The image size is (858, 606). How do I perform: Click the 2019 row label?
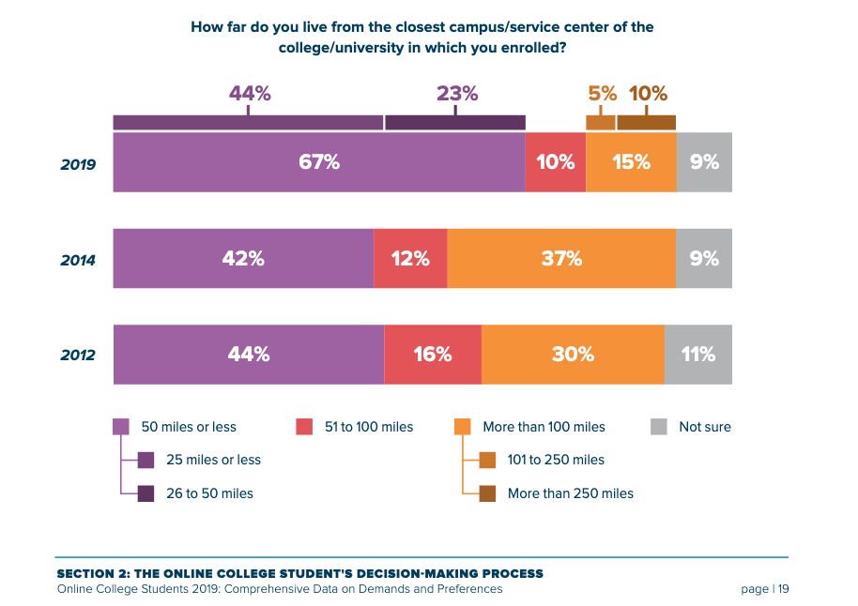78,163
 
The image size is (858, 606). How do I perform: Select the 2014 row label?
78,260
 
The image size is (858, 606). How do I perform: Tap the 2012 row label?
78,356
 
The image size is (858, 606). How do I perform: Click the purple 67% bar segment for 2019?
318,162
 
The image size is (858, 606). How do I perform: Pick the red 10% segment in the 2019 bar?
555,162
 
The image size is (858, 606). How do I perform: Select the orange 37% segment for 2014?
561,259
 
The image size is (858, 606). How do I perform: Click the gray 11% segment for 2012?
697,355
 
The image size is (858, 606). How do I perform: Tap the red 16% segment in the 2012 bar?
433,355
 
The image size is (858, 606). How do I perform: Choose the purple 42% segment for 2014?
243,259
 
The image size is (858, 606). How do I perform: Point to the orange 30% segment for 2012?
573,355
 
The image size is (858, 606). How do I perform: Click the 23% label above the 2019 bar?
457,94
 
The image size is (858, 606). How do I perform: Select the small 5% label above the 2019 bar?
603,94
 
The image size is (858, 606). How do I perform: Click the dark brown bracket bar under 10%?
646,123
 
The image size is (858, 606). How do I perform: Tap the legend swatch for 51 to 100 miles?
304,427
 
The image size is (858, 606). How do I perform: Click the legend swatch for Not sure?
659,427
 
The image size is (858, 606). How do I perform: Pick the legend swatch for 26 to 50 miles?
146,492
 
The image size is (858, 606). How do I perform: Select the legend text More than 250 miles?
570,493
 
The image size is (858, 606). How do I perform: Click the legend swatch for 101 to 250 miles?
487,460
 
